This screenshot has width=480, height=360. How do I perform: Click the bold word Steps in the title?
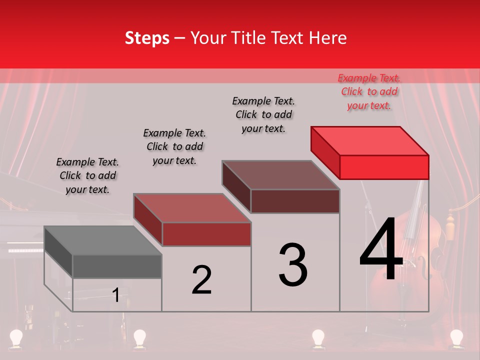click(x=147, y=38)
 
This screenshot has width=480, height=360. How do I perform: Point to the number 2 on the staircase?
click(x=202, y=280)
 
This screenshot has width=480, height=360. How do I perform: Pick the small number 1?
click(x=116, y=295)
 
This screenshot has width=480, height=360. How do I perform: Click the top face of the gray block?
click(x=102, y=240)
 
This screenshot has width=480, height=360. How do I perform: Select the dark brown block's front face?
click(x=295, y=201)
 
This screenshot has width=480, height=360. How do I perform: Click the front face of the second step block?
click(x=206, y=234)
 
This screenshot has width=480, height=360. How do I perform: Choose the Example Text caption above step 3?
click(x=264, y=114)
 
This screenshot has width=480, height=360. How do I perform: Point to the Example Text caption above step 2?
click(x=174, y=146)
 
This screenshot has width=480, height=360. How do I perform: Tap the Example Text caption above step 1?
click(x=87, y=175)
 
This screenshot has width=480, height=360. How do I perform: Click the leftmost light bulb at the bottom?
click(x=17, y=337)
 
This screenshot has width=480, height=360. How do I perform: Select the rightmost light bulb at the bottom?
click(x=456, y=337)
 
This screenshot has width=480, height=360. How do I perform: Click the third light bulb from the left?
click(x=318, y=337)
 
